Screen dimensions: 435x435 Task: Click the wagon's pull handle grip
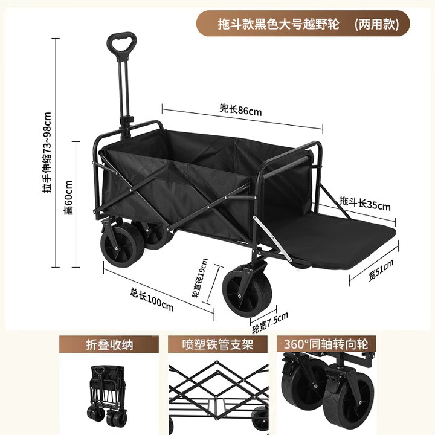tap(121, 44)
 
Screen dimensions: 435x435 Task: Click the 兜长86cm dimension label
tap(240, 110)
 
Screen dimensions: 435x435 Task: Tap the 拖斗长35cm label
tap(364, 204)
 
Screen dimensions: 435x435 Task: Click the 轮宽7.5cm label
tap(269, 320)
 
